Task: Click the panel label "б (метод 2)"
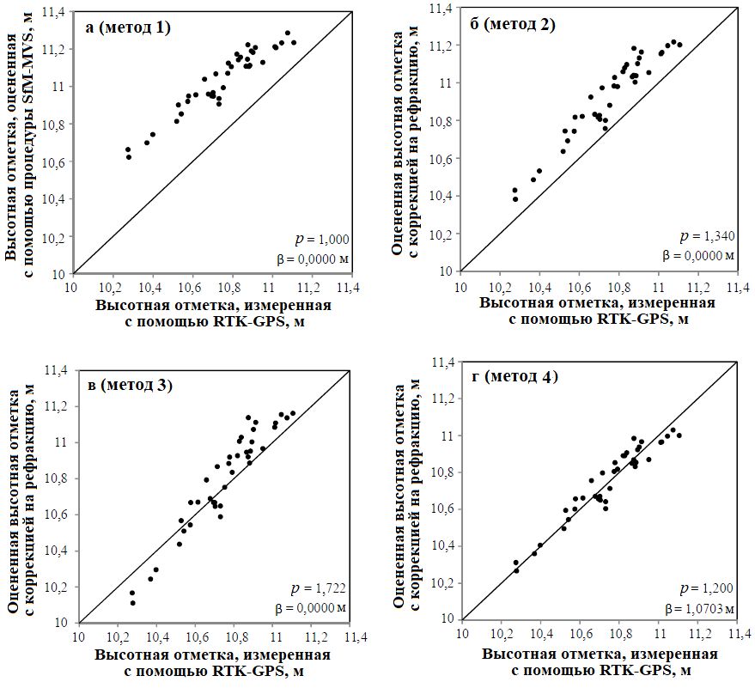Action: pyautogui.click(x=513, y=24)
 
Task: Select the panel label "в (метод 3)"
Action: pyautogui.click(x=130, y=384)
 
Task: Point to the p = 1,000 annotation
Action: pyautogui.click(x=323, y=240)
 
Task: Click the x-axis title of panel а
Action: pyautogui.click(x=212, y=313)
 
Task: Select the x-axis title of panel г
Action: pyautogui.click(x=599, y=662)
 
